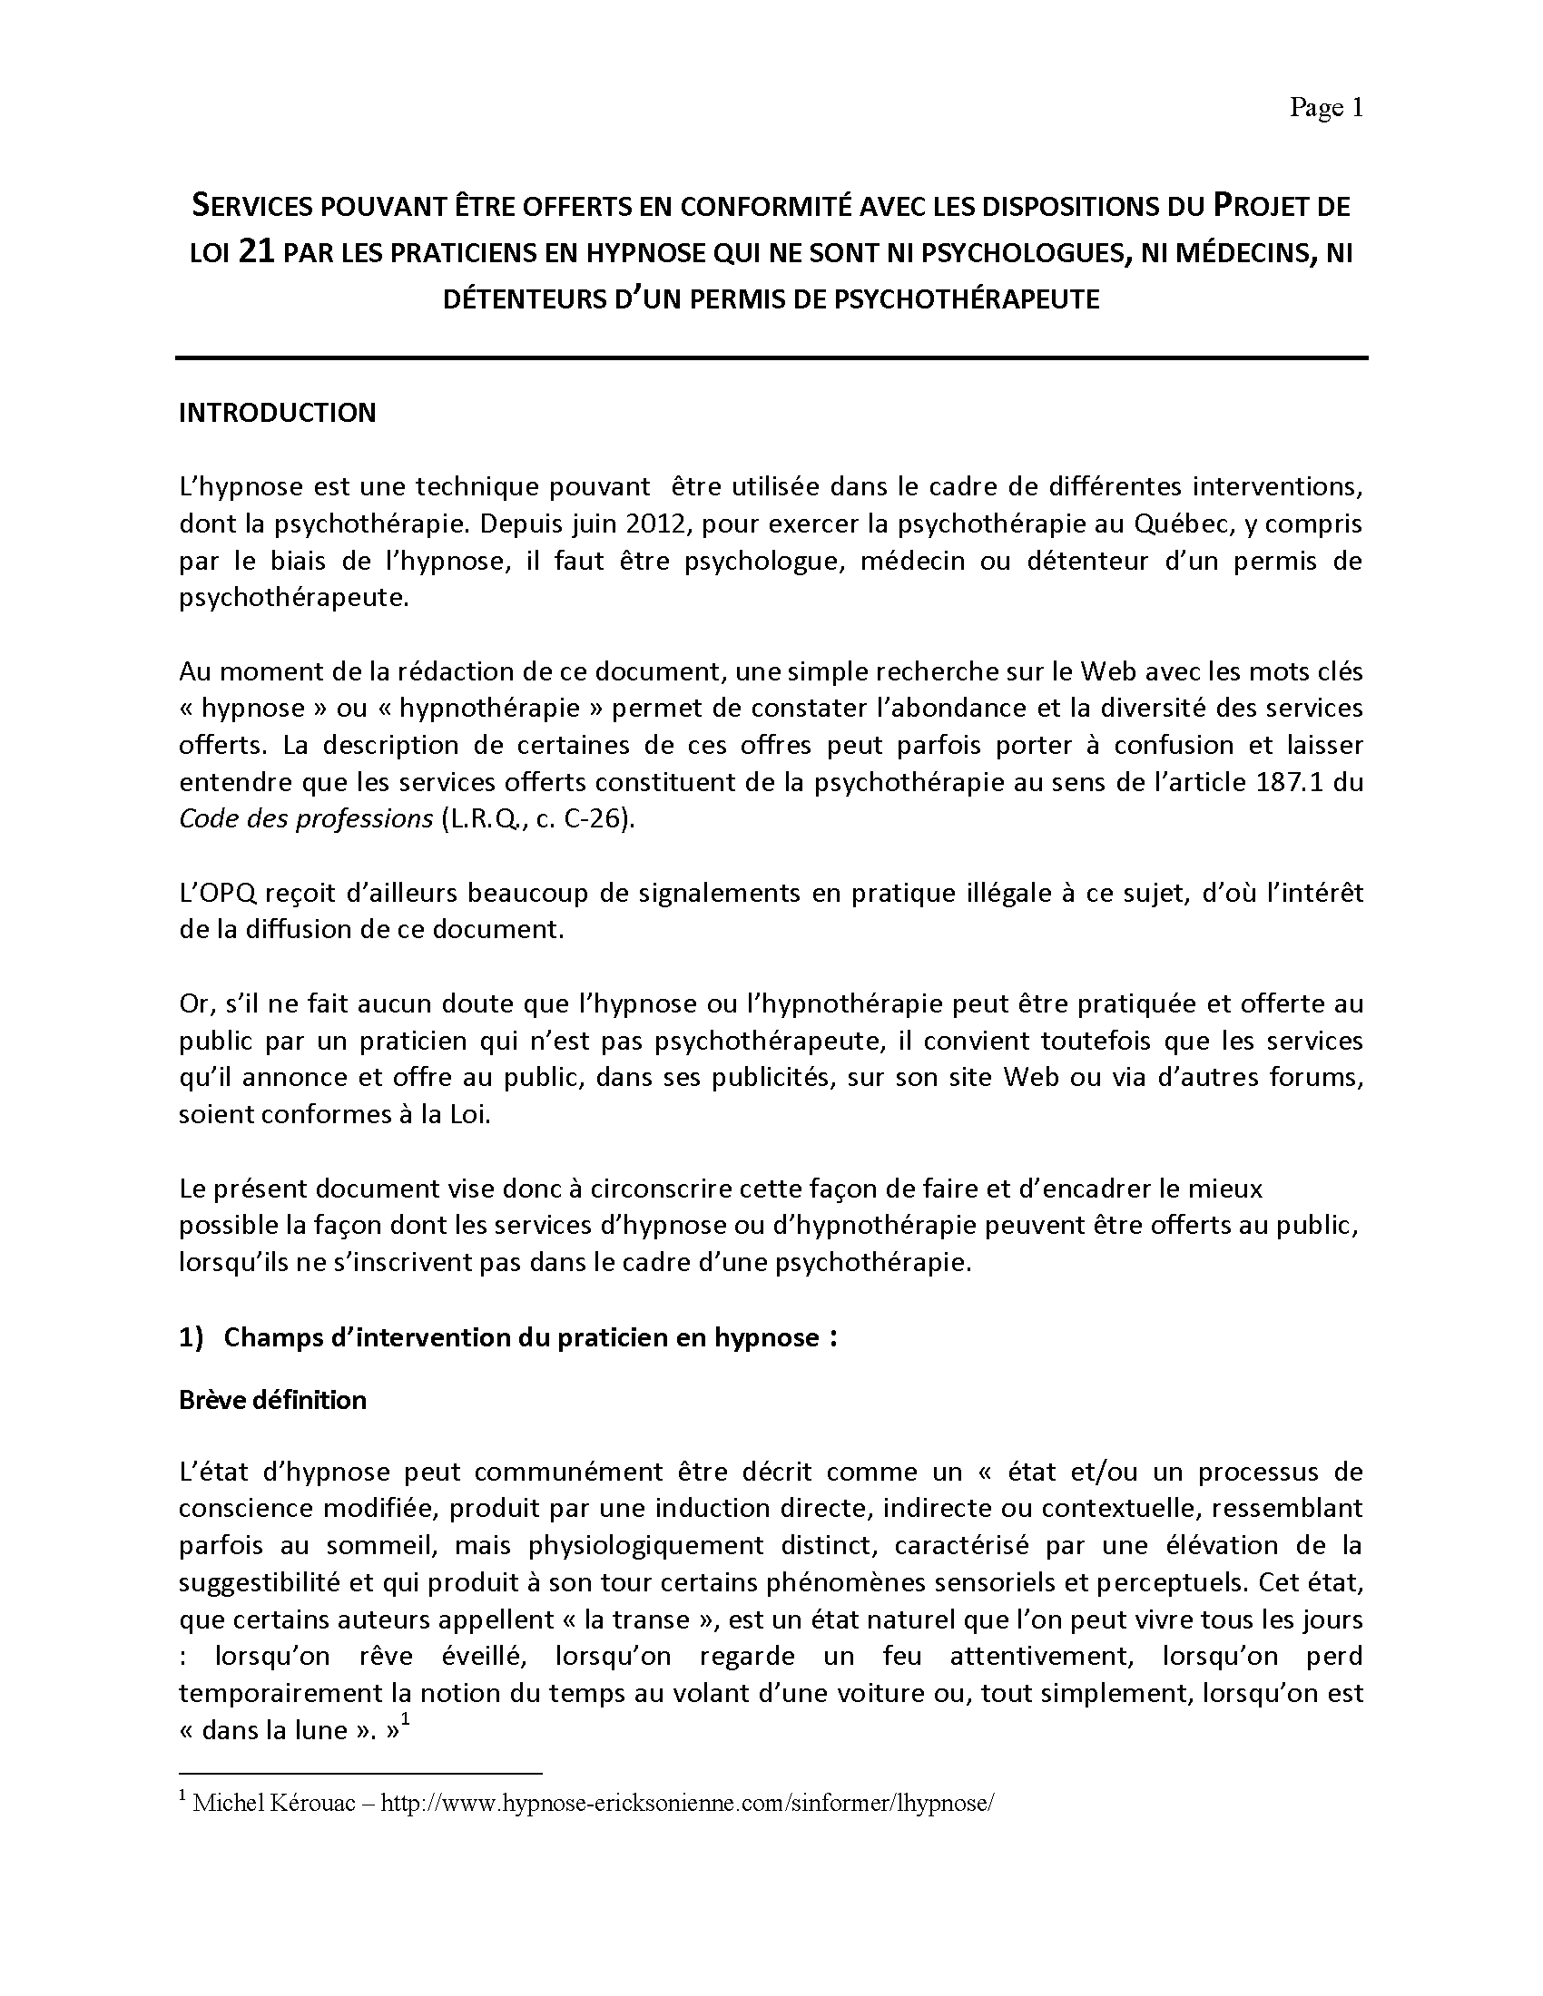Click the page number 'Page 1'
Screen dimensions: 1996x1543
pyautogui.click(x=1325, y=109)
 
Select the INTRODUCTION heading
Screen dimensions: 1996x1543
pyautogui.click(x=277, y=413)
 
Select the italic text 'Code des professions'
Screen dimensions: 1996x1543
pyautogui.click(x=305, y=819)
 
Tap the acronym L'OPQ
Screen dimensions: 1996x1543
pyautogui.click(x=216, y=893)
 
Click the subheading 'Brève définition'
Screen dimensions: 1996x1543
pyautogui.click(x=272, y=1400)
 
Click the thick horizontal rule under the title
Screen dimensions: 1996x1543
pyautogui.click(x=771, y=357)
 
